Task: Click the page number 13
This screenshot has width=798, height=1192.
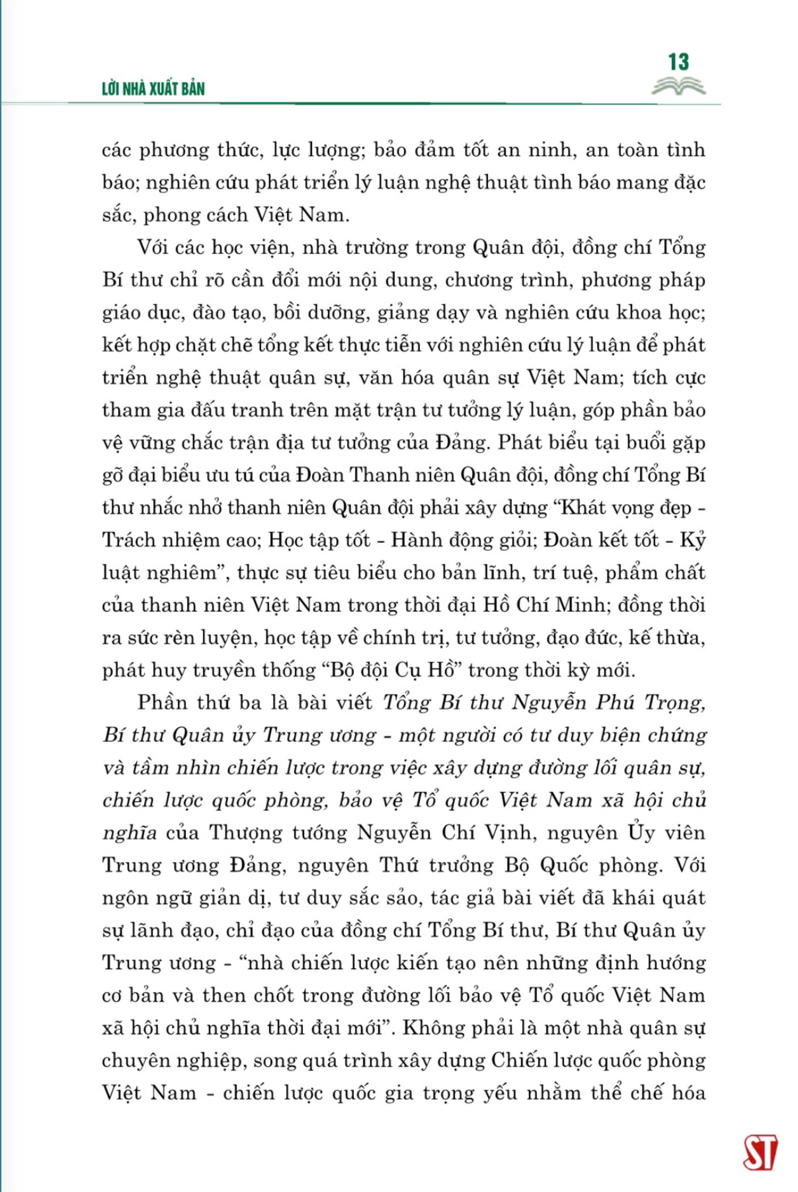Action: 679,62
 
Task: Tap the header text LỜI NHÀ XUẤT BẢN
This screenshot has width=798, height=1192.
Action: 153,89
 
